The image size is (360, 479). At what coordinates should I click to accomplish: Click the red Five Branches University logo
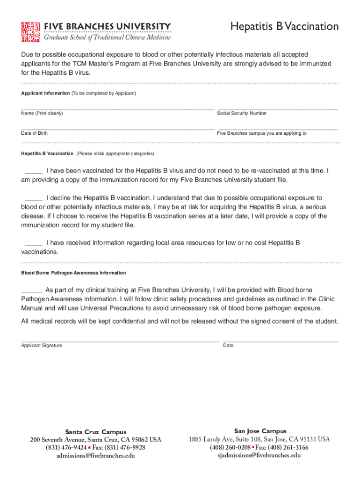[x=30, y=31]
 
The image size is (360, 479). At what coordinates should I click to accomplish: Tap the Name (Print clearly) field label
[x=42, y=114]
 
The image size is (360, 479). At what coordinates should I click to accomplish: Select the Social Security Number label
[x=242, y=114]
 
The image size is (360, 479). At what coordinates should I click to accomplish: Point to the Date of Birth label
[x=34, y=133]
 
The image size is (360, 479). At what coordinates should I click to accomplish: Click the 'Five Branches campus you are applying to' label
[x=262, y=133]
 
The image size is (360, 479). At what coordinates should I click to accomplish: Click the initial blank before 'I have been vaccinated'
[x=33, y=171]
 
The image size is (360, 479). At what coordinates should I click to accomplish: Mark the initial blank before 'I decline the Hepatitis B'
[x=33, y=198]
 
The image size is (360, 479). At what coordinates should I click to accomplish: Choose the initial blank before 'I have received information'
[x=33, y=243]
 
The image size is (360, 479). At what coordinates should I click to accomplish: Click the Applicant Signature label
[x=42, y=346]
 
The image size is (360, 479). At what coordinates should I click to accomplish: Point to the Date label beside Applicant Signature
[x=228, y=346]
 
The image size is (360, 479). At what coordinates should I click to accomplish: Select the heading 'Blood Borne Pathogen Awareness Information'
[x=73, y=273]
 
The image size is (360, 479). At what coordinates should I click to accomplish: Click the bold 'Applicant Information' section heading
[x=45, y=94]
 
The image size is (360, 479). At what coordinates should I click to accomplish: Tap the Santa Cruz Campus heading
[x=95, y=432]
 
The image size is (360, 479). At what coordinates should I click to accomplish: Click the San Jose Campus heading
[x=260, y=431]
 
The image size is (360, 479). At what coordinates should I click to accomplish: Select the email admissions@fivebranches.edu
[x=95, y=456]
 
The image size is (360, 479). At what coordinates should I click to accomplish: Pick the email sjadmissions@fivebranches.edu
[x=259, y=455]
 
